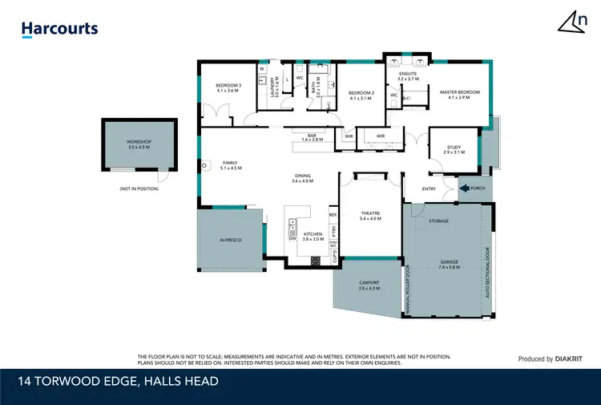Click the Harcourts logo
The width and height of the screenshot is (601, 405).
60,30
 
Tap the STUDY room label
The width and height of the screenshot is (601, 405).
453,148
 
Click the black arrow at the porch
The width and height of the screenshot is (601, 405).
462,189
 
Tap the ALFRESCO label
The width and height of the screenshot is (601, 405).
230,240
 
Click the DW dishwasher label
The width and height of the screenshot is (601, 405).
292,238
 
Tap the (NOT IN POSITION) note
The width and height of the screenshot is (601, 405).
138,188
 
